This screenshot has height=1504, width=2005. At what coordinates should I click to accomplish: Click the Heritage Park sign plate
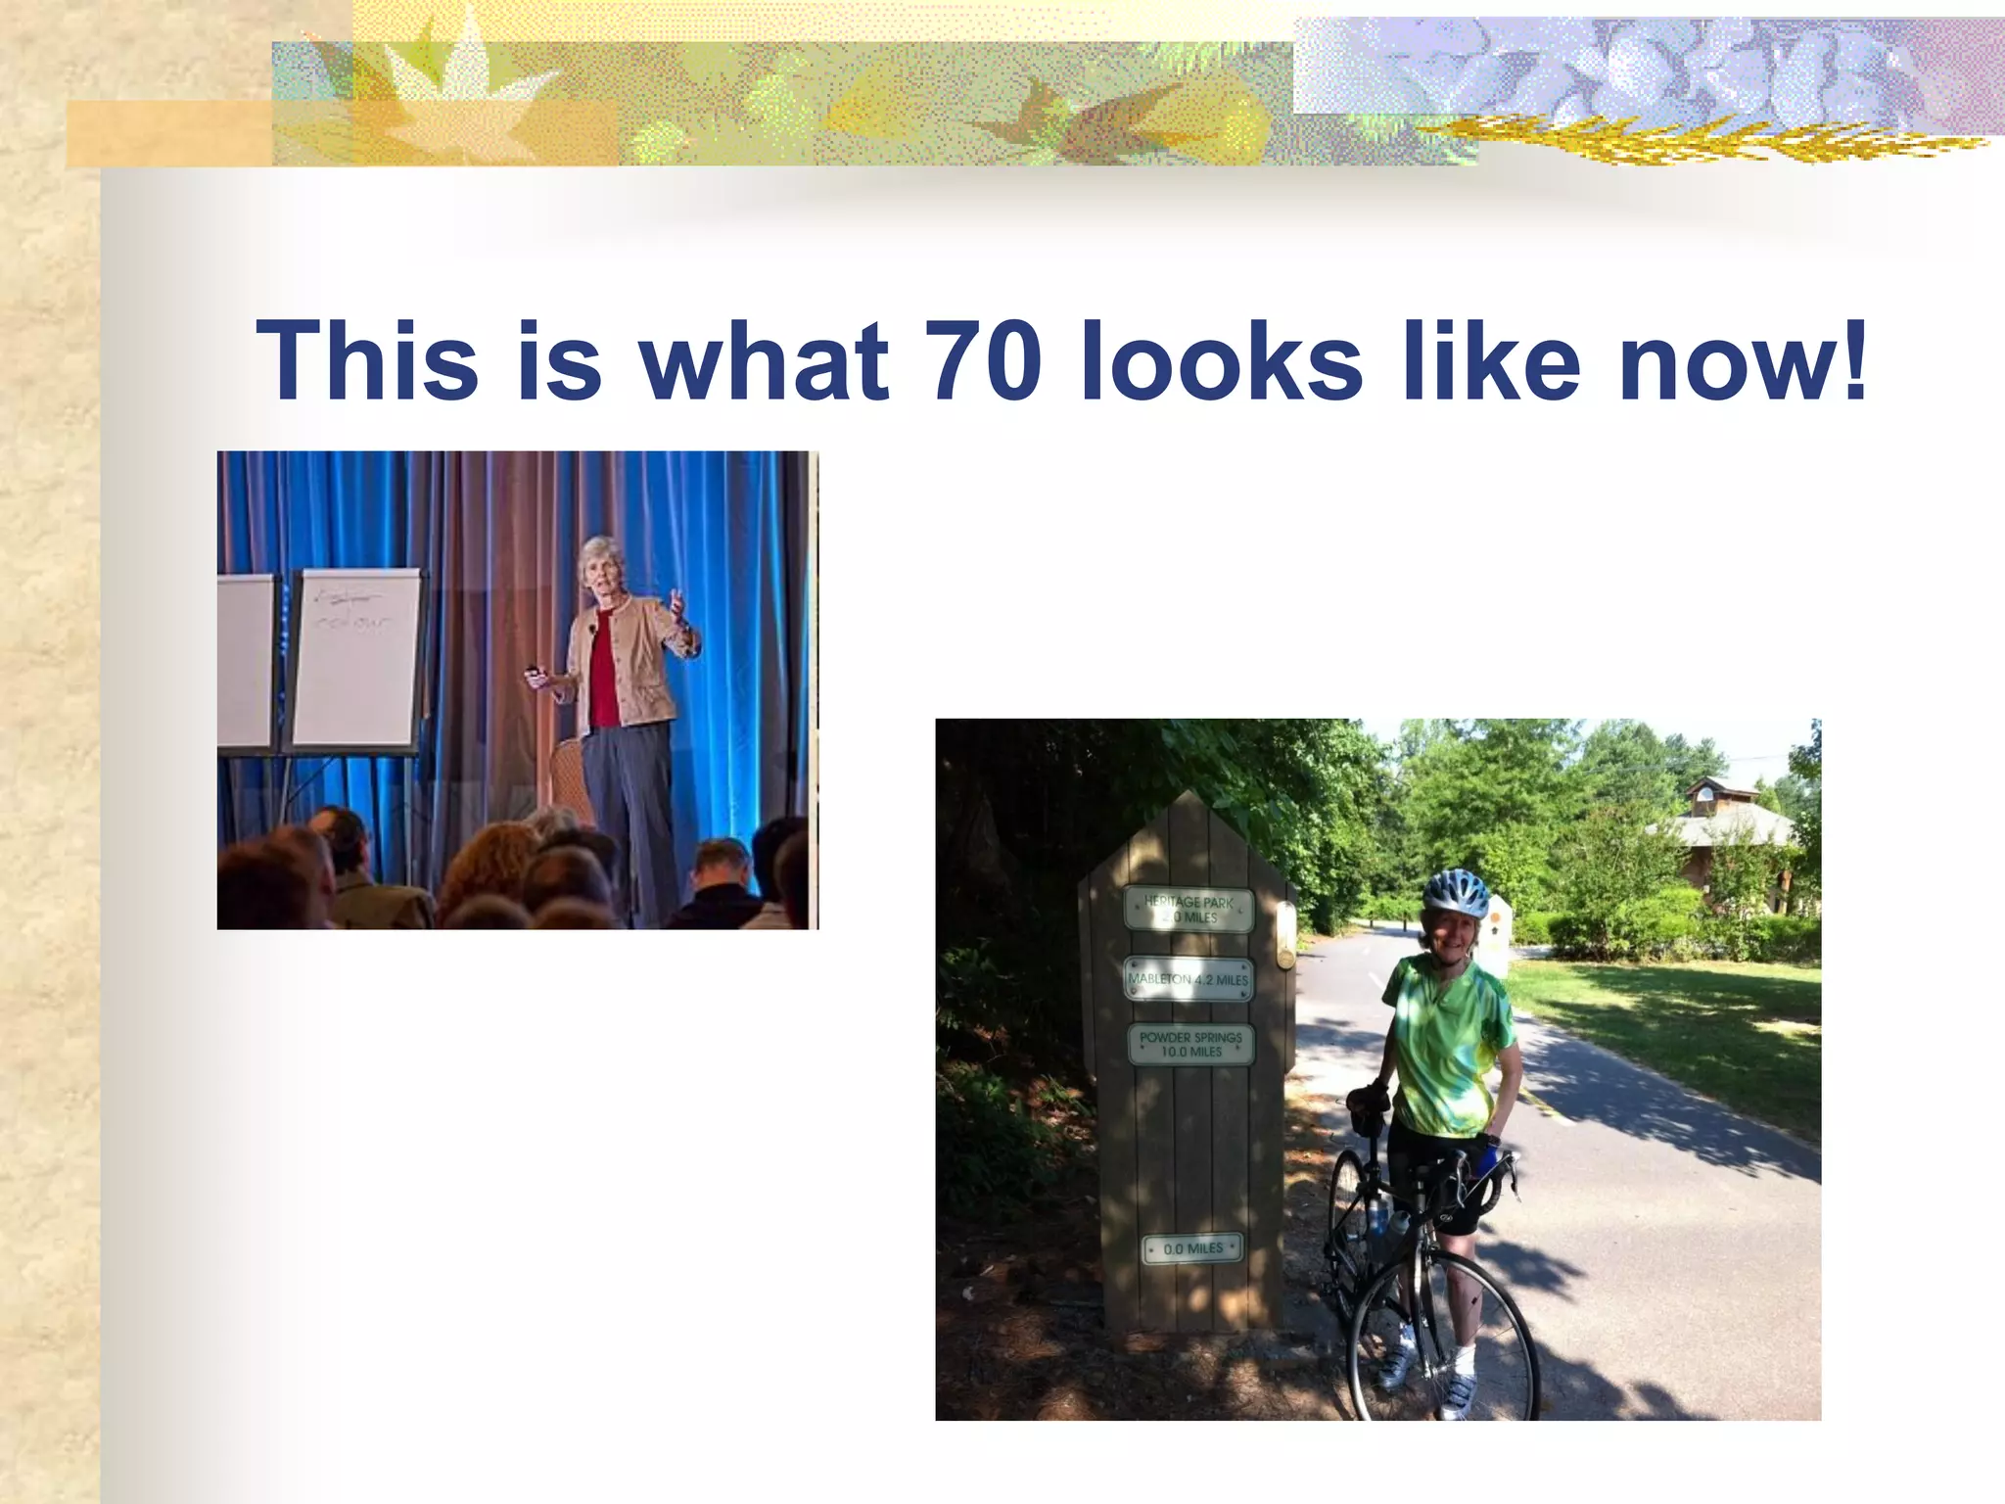click(1189, 909)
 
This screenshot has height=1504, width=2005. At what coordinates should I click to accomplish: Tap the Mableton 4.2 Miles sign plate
click(1189, 979)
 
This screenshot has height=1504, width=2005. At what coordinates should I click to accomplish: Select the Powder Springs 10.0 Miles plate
click(1190, 1045)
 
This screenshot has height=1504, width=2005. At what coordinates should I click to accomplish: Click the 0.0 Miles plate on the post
click(1192, 1248)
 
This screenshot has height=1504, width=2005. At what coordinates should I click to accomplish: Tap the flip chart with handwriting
click(356, 658)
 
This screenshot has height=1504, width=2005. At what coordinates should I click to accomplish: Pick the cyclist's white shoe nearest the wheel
click(1457, 1393)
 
